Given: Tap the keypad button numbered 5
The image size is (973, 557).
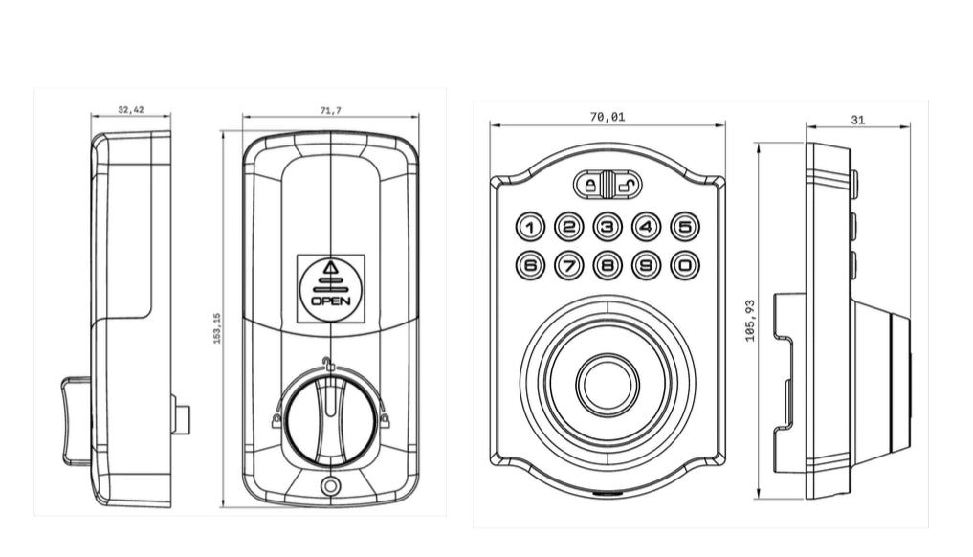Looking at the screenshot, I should point(685,227).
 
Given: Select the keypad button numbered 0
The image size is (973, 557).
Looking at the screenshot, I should point(685,264).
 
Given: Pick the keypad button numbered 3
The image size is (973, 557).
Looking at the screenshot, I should point(608,227).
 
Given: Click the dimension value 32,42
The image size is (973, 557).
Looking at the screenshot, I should point(131,110).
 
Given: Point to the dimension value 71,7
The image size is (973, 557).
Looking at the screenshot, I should point(329,111).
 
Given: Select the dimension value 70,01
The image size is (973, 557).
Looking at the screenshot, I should point(608,117).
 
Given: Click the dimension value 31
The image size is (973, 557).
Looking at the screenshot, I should point(857,120).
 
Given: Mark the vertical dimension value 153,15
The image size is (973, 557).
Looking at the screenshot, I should point(217,328).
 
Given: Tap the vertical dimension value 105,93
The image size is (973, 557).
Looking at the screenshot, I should point(750,320).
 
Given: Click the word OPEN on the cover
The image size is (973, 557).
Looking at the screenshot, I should point(331,301).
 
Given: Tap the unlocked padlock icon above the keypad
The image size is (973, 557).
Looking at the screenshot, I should point(625,183).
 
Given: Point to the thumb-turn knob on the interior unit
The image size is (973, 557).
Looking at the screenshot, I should point(329,416).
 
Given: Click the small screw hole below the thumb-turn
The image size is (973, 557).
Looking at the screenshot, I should point(331,486).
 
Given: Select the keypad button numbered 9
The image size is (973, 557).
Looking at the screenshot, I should point(647,264).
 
